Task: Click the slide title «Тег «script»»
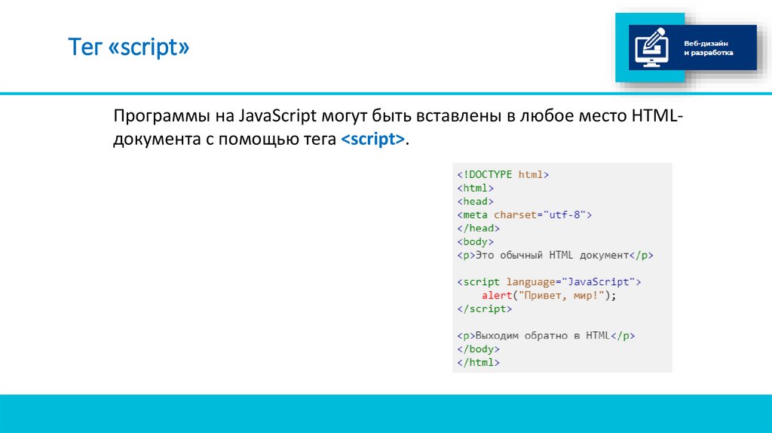[130, 49]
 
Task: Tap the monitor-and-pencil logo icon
[651, 47]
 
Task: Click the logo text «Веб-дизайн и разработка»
[708, 48]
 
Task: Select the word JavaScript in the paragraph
[277, 118]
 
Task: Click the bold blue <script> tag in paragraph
[372, 140]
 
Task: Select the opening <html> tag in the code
[475, 188]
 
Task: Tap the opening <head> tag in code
[475, 201]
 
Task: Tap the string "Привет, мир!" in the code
[559, 296]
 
